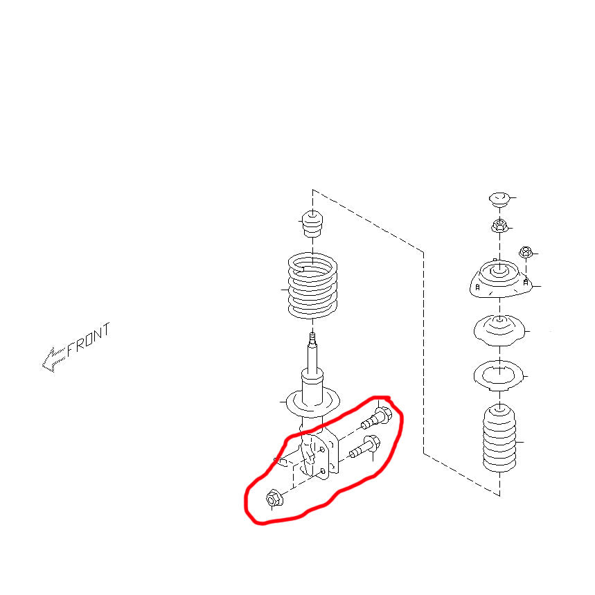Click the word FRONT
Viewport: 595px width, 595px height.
89,340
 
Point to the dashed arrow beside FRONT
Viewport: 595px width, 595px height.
53,359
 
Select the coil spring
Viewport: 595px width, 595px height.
312,286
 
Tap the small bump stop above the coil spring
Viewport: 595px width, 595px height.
312,224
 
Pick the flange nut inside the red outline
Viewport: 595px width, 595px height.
274,499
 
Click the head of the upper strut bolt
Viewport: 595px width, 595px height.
383,414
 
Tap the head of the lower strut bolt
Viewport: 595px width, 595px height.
372,443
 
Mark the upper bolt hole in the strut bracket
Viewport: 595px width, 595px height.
323,450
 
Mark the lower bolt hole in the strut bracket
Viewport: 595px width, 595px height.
323,471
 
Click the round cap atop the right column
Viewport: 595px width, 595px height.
499,199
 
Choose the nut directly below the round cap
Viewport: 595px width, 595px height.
499,226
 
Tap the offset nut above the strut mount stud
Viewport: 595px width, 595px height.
526,251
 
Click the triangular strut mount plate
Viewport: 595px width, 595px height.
500,279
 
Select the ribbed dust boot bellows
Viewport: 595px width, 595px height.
499,438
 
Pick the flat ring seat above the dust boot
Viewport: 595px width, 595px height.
499,375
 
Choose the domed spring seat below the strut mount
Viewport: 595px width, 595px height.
499,330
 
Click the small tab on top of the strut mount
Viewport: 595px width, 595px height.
495,260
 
